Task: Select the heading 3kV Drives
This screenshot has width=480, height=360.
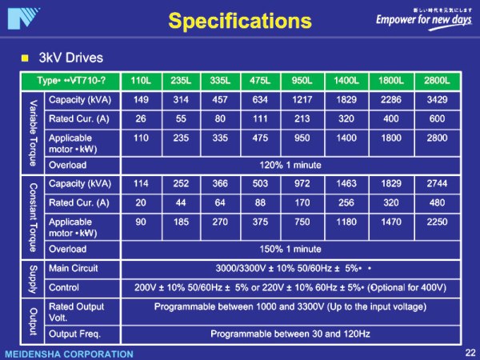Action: coord(71,58)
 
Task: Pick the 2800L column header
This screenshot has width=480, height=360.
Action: coord(437,81)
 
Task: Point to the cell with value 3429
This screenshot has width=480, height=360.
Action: coord(437,100)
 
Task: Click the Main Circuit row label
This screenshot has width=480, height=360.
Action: coord(73,268)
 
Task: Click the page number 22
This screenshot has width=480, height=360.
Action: coord(469,352)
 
